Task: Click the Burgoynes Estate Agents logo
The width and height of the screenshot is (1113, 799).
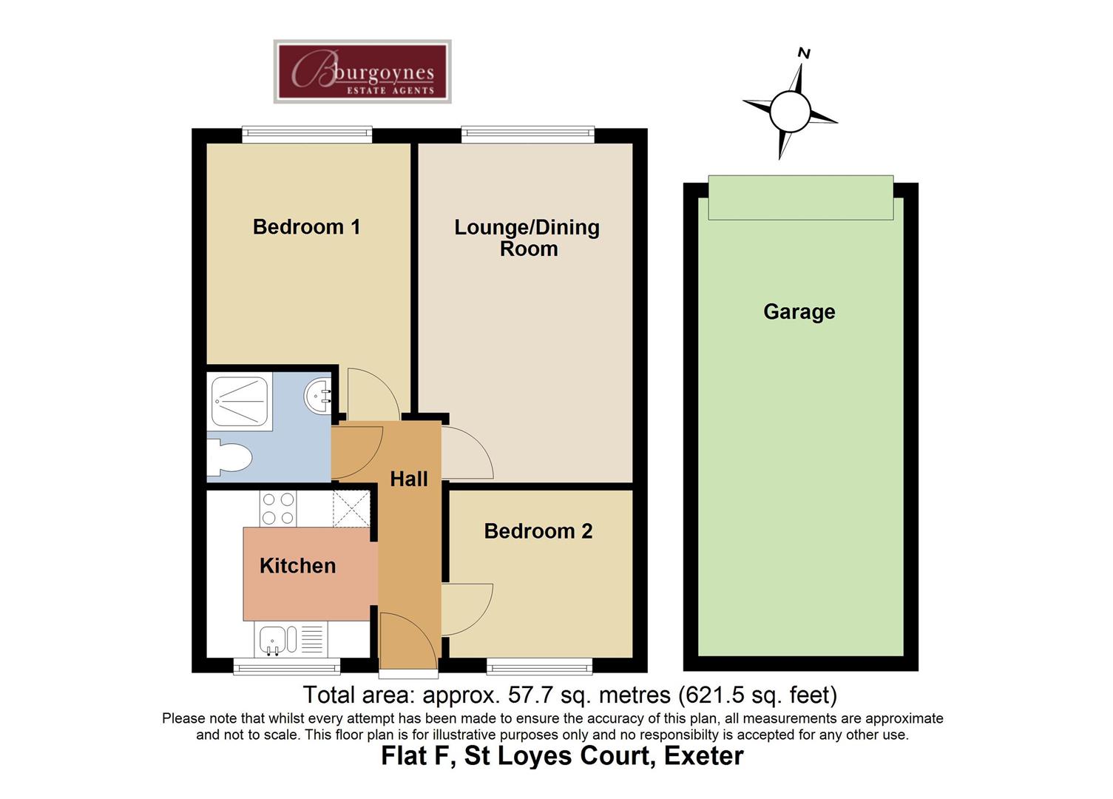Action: pos(362,72)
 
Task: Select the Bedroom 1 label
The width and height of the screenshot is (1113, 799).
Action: pos(306,227)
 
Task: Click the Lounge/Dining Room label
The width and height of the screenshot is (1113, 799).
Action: pos(527,237)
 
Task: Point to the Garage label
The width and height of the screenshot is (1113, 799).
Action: pos(799,311)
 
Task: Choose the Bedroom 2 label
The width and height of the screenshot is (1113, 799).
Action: pos(538,531)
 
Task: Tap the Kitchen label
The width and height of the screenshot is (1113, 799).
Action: pos(297,566)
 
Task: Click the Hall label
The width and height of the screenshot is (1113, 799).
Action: pos(408,479)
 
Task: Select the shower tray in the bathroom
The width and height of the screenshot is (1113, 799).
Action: pos(240,401)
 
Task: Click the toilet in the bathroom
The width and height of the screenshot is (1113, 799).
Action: pos(228,458)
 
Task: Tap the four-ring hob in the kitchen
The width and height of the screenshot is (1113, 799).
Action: pos(278,508)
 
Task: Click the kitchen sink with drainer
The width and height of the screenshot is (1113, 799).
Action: pos(290,639)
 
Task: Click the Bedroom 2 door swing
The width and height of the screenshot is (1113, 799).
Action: pos(466,608)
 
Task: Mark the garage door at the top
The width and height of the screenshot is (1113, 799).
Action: pos(800,198)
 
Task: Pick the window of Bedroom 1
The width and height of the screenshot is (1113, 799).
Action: pos(307,135)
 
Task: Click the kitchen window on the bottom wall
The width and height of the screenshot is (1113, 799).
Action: pos(286,668)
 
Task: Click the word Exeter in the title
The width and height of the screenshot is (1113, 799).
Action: pos(703,756)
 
